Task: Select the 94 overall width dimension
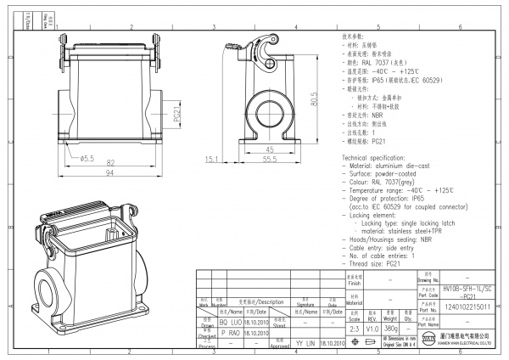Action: point(111,173)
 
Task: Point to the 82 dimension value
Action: point(111,160)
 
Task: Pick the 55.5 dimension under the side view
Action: point(269,159)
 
